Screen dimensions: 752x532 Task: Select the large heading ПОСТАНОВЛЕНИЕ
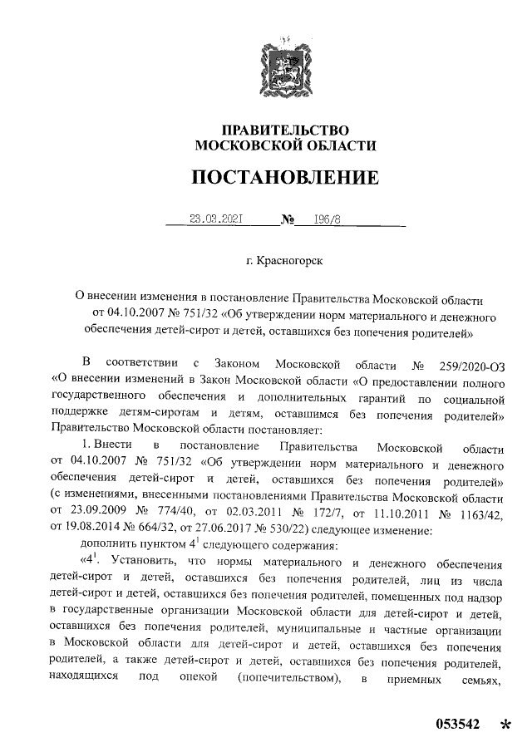click(285, 178)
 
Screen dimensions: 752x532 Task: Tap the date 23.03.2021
click(214, 220)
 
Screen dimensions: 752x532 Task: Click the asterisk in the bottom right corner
click(505, 725)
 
